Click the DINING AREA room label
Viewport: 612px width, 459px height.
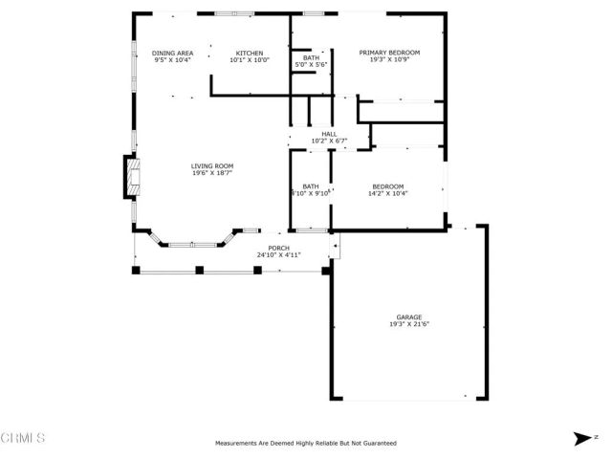tap(173, 53)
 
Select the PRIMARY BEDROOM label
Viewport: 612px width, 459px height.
tap(389, 53)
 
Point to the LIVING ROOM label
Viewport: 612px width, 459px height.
tap(211, 165)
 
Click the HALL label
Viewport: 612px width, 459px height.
tap(329, 134)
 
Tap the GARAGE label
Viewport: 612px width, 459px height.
tap(409, 317)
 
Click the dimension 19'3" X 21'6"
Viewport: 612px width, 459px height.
tap(409, 324)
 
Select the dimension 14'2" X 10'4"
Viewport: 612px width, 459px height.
tap(387, 193)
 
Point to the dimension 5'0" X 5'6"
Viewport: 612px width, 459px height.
tap(311, 65)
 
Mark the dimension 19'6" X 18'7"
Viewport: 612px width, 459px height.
tap(211, 173)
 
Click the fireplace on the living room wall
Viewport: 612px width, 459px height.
tap(127, 177)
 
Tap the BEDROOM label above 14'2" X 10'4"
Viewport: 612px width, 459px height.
tap(387, 186)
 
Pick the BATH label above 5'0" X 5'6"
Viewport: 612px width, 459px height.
tap(311, 57)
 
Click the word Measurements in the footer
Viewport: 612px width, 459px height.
tap(236, 444)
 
